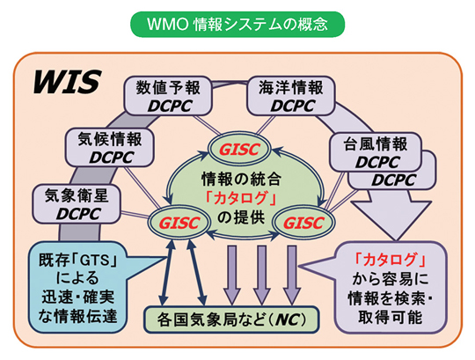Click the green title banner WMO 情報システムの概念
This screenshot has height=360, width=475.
click(237, 20)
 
